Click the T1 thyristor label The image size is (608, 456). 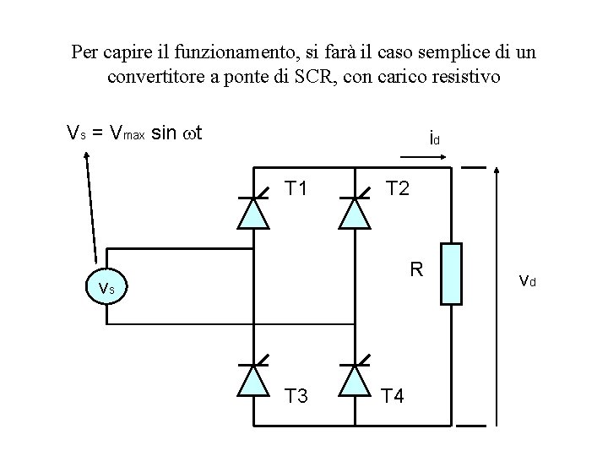296,188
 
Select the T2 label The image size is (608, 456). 397,188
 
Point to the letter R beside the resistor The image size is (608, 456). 415,271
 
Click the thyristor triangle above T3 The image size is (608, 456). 252,380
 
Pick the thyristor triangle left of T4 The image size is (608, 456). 354,380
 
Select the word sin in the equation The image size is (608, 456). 164,133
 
